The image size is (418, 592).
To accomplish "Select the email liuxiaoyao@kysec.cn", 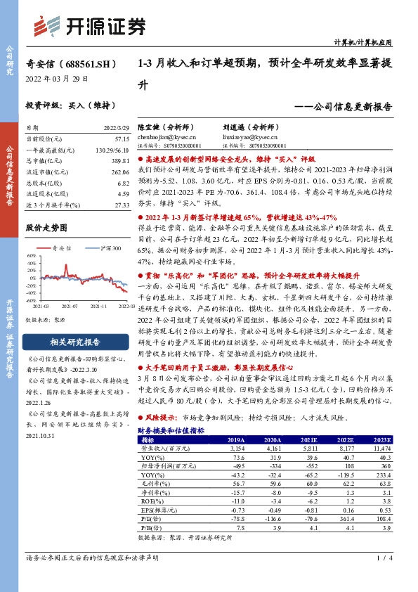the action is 249,138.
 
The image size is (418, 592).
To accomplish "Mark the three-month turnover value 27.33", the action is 121,204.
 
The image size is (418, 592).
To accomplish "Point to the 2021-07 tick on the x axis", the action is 69,307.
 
